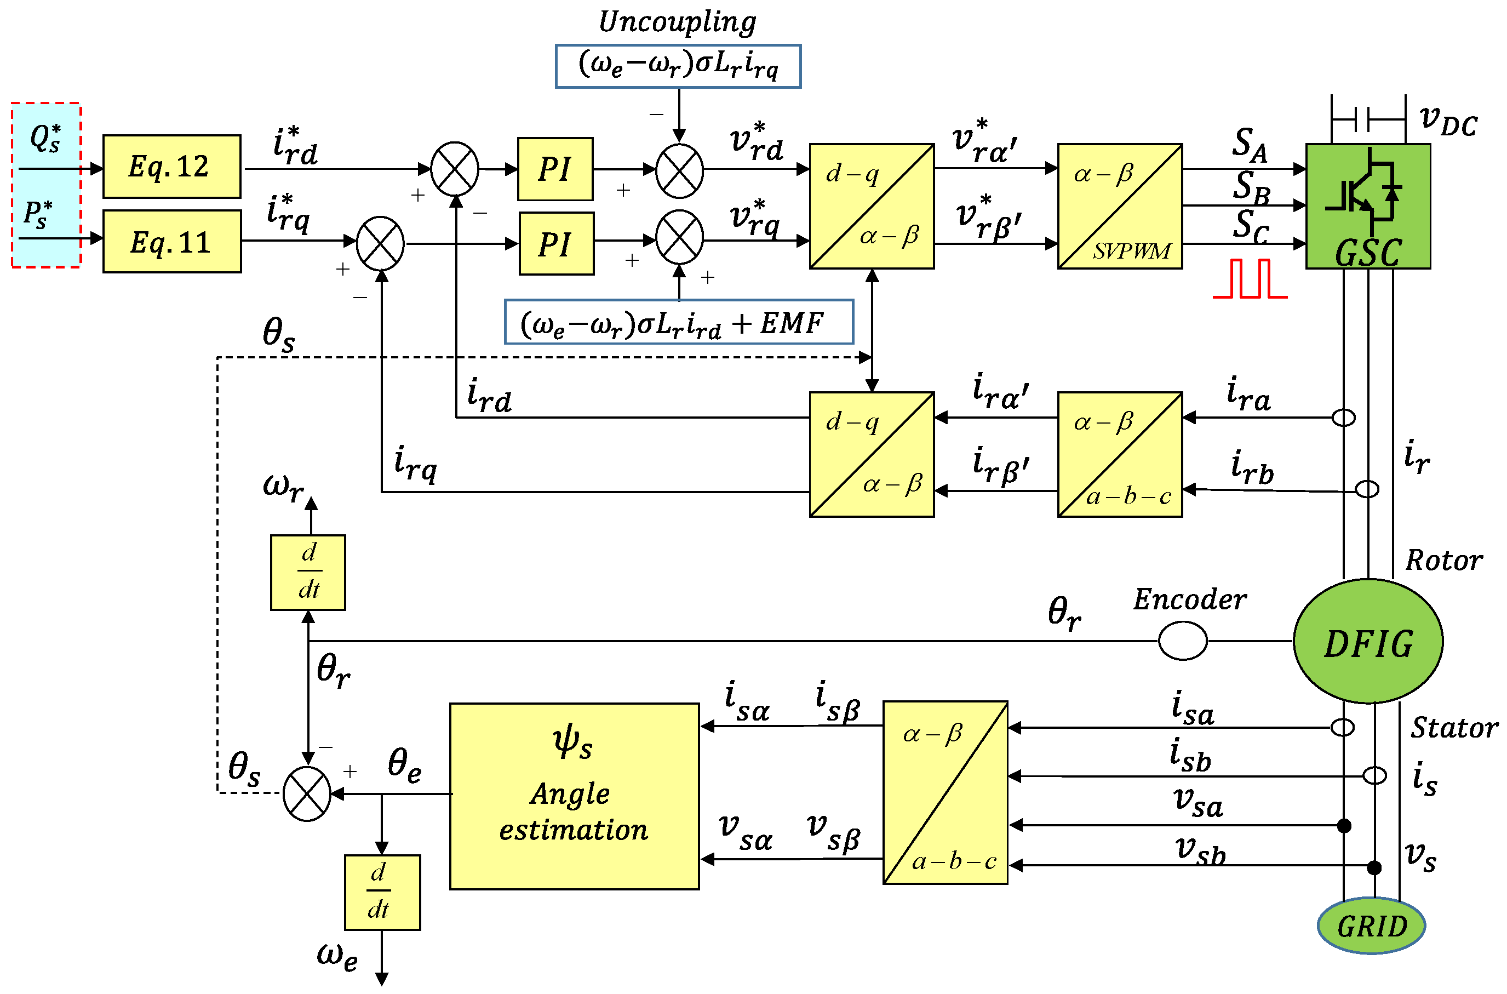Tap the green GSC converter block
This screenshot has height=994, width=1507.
[x=1367, y=206]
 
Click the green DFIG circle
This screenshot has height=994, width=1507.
[x=1367, y=642]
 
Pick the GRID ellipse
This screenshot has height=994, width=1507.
[x=1371, y=926]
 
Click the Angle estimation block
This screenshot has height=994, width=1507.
[x=574, y=796]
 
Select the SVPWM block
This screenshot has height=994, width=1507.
[x=1119, y=206]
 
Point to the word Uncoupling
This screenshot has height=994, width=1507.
[x=677, y=21]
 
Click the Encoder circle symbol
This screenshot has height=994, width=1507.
[x=1182, y=641]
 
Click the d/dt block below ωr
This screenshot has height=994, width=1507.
[x=308, y=573]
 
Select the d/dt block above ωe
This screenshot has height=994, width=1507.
[x=382, y=893]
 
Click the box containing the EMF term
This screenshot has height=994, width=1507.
[x=678, y=322]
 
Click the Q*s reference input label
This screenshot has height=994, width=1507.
[x=45, y=138]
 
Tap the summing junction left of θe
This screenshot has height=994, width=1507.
[x=307, y=793]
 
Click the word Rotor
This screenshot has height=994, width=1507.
[x=1443, y=561]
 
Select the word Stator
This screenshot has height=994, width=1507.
[x=1454, y=728]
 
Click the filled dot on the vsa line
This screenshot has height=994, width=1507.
[x=1344, y=825]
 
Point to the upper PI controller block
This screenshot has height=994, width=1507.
[x=555, y=169]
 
